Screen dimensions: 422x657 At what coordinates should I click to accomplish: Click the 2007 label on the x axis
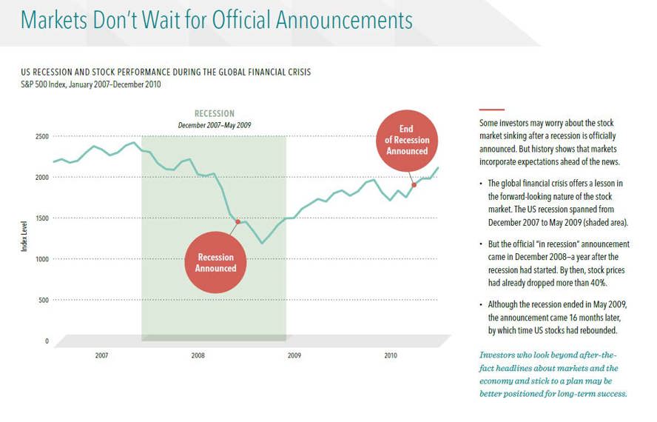(x=101, y=356)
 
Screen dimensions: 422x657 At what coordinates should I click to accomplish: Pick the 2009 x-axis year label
(x=294, y=356)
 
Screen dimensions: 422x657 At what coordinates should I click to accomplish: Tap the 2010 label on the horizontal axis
(x=391, y=356)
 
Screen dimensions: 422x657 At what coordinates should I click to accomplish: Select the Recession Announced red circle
(x=215, y=262)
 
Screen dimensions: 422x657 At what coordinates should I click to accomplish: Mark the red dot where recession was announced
(x=237, y=221)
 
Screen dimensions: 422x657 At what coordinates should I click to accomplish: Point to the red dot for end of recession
(x=414, y=184)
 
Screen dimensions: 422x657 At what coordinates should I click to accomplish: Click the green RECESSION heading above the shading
(x=215, y=114)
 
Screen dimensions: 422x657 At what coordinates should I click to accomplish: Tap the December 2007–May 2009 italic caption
(x=215, y=125)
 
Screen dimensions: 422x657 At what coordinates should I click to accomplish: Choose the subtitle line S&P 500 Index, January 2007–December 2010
(x=91, y=84)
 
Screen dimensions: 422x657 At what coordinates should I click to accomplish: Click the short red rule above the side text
(x=491, y=110)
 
